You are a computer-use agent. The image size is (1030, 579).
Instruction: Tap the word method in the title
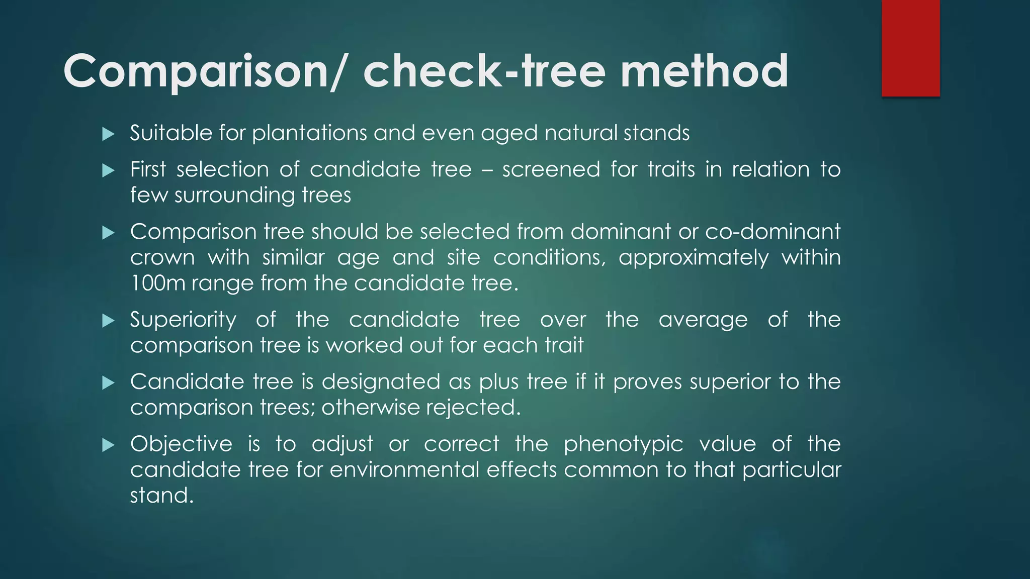tap(704, 72)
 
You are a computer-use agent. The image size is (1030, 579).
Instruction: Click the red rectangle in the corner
tap(910, 48)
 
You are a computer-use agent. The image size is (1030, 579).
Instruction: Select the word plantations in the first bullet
tap(310, 133)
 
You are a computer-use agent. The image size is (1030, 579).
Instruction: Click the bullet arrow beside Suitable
tap(108, 134)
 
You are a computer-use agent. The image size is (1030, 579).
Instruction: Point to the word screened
tap(551, 169)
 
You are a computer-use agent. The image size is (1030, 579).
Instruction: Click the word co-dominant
tap(773, 232)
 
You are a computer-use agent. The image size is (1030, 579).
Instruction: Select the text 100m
tap(157, 283)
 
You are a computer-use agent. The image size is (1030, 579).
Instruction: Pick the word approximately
tap(694, 258)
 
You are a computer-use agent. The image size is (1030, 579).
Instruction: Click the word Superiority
tap(183, 320)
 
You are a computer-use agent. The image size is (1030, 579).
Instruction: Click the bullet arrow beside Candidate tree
tap(108, 383)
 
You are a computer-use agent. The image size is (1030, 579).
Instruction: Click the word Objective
tap(181, 444)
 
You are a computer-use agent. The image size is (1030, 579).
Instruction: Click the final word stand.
tap(161, 496)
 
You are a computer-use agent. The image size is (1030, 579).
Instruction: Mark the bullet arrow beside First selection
tap(108, 171)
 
